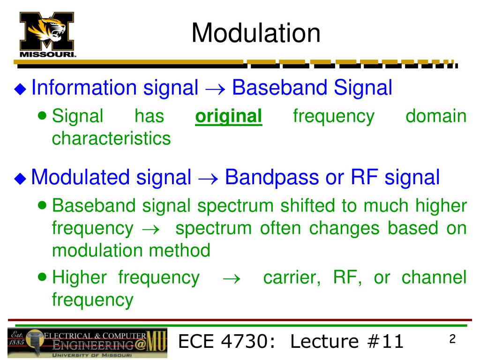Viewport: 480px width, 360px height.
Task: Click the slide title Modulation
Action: [256, 33]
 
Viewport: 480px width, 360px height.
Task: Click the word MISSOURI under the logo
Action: [47, 54]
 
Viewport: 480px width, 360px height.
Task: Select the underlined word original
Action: [229, 117]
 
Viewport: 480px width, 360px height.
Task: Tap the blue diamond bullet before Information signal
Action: [20, 89]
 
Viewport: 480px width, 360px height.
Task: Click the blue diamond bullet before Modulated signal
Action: [20, 179]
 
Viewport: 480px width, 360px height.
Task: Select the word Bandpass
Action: [272, 178]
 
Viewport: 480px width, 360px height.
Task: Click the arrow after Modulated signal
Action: [208, 179]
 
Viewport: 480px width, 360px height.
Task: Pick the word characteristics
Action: [111, 138]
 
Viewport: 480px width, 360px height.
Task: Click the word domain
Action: [436, 116]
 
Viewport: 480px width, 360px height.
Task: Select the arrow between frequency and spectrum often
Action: [151, 229]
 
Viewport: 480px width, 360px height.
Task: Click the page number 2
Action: [452, 339]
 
